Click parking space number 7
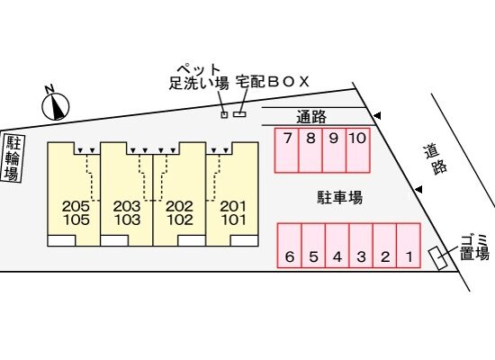(x=286, y=150)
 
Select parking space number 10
(x=358, y=150)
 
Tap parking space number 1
(x=409, y=246)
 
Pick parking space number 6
(x=290, y=246)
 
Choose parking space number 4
(x=337, y=246)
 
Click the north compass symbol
(x=55, y=103)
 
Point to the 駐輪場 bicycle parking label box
(x=13, y=157)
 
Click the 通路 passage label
(x=311, y=117)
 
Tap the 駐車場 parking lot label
(x=339, y=197)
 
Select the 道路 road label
(x=436, y=159)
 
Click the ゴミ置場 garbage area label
(x=474, y=248)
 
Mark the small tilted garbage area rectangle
(x=438, y=258)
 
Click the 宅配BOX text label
(x=273, y=82)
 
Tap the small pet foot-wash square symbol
(x=224, y=114)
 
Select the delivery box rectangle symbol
(x=239, y=114)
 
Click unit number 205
(x=76, y=206)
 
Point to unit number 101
(x=234, y=220)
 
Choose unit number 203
(x=127, y=206)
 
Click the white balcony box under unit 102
(x=192, y=240)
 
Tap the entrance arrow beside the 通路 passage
(x=377, y=116)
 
